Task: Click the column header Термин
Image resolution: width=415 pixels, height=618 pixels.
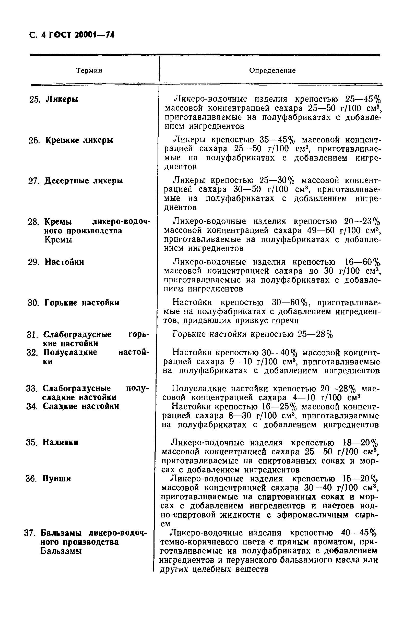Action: tap(89, 71)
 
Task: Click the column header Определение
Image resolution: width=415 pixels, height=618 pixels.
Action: tap(272, 71)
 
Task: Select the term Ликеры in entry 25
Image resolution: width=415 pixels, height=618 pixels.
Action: tap(62, 100)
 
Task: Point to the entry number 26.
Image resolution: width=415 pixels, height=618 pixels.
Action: tap(34, 140)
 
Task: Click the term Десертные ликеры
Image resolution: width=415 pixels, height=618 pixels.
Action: tap(83, 181)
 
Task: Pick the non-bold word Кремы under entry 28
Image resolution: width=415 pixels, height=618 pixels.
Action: tap(58, 240)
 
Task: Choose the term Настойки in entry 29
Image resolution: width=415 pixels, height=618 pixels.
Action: tap(64, 262)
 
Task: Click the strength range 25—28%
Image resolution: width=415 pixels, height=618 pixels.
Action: tap(315, 335)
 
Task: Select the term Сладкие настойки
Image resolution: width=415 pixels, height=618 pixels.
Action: tap(81, 406)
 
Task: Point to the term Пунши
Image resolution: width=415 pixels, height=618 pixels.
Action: tap(56, 479)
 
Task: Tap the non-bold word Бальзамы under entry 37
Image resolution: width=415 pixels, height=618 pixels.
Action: tap(61, 551)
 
